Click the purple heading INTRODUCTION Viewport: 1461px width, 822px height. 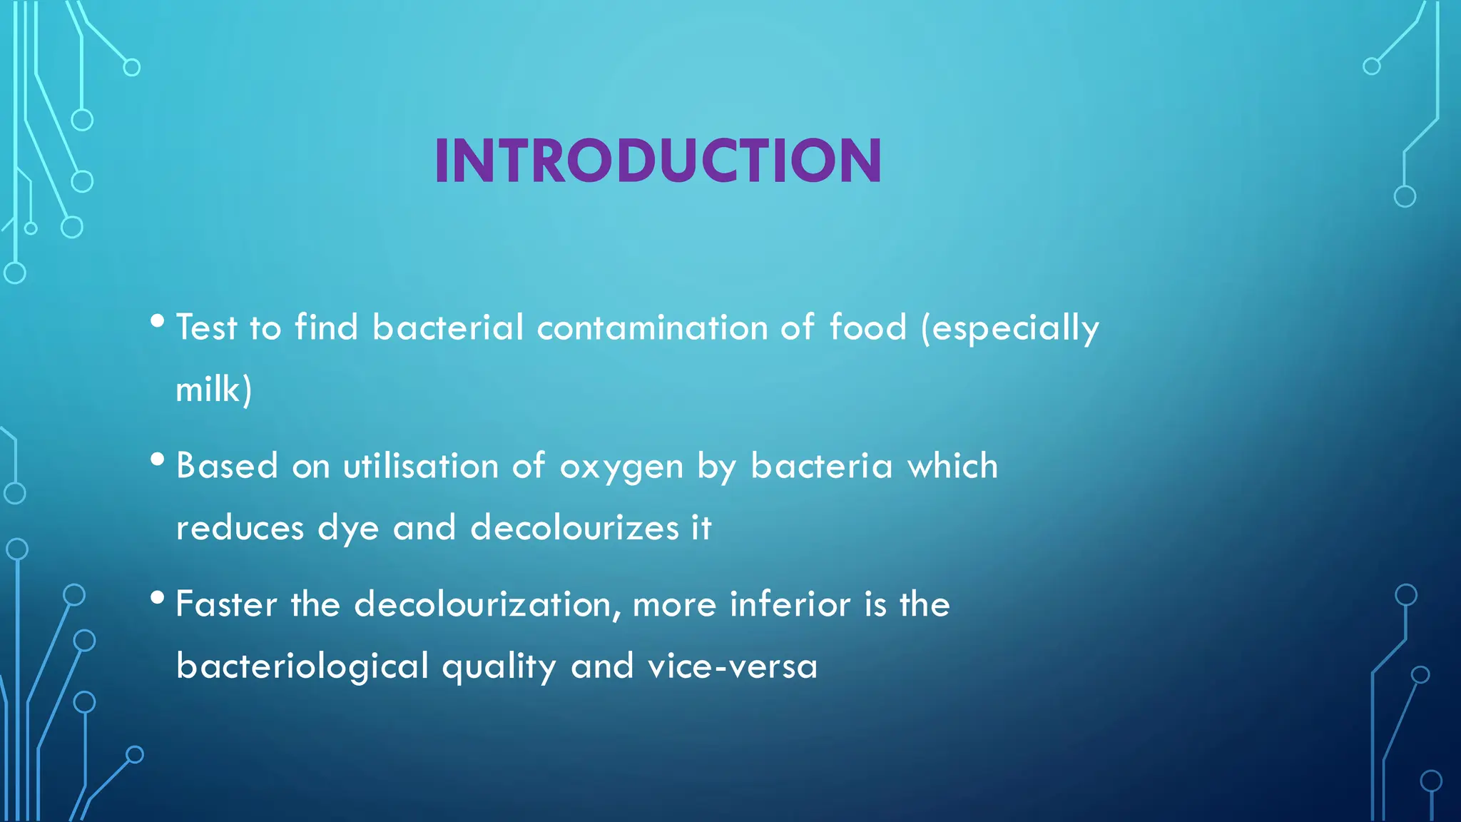(x=658, y=161)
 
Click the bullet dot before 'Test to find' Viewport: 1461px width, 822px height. (x=158, y=320)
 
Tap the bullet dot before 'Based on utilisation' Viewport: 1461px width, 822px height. (x=158, y=459)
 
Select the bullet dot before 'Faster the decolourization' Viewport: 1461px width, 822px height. (x=158, y=597)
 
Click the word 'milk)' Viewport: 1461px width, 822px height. (x=213, y=390)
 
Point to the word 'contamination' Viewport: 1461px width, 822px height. (x=651, y=328)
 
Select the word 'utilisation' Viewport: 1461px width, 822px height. (x=420, y=466)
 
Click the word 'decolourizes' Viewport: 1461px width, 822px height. (x=574, y=528)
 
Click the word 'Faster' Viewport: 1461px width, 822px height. (x=226, y=604)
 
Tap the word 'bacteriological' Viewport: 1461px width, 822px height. (x=302, y=666)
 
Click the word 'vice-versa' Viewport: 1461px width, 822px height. (x=732, y=666)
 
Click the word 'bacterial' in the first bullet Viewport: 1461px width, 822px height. (x=448, y=328)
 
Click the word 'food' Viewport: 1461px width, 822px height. (x=867, y=328)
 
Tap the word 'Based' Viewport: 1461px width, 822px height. (x=226, y=466)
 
